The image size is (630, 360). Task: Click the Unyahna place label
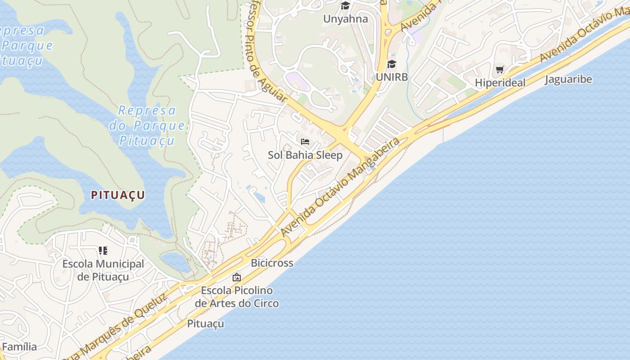(x=346, y=19)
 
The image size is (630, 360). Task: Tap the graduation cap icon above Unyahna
(x=345, y=6)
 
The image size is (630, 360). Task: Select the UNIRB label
(x=391, y=77)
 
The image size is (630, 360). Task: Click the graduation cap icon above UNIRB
(x=391, y=64)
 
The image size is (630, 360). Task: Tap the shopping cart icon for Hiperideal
(x=499, y=70)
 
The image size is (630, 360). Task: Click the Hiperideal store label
(x=499, y=83)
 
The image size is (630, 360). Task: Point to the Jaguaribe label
(x=568, y=80)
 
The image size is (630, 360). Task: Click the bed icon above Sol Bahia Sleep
(x=305, y=142)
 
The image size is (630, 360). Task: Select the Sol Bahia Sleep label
(x=305, y=155)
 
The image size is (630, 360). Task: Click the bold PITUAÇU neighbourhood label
(x=118, y=195)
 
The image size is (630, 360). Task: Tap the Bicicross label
(x=272, y=263)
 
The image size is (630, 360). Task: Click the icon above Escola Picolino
(x=236, y=277)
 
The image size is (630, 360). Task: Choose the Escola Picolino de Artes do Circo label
(x=237, y=297)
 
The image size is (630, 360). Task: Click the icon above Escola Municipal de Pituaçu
(x=103, y=250)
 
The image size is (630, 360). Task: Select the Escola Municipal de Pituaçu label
(x=103, y=270)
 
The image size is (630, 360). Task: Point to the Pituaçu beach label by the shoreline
(x=205, y=324)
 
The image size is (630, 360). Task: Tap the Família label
(x=19, y=347)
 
